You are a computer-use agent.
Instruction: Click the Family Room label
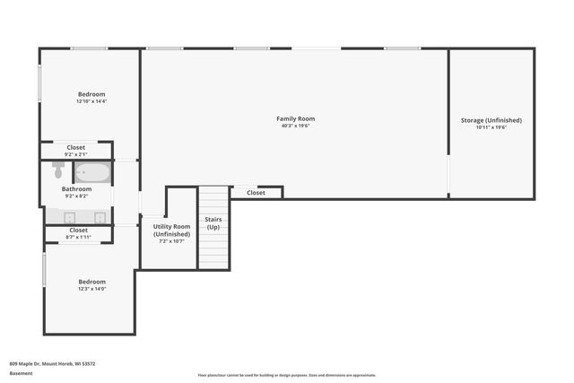click(x=295, y=118)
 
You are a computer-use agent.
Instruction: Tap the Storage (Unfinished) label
click(x=491, y=120)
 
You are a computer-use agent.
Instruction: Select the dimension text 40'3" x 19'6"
click(x=295, y=126)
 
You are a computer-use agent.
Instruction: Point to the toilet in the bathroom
click(x=58, y=168)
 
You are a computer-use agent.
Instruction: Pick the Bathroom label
click(x=76, y=189)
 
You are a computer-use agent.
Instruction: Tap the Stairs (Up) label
click(x=213, y=223)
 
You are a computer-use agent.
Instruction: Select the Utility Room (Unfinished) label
click(x=170, y=231)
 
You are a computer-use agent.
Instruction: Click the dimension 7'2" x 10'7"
click(x=170, y=241)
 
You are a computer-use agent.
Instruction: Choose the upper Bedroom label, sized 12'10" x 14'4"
click(x=91, y=94)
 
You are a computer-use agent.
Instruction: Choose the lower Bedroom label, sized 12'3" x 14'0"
click(x=91, y=281)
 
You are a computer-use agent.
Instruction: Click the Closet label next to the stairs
click(x=256, y=193)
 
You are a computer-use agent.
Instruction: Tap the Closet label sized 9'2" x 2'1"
click(x=76, y=147)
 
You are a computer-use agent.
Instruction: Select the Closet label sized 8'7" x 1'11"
click(x=79, y=231)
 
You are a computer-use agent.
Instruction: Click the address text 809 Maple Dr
click(x=52, y=363)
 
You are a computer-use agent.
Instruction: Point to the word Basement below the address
click(x=21, y=373)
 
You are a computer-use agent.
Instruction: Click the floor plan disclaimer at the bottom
click(x=286, y=375)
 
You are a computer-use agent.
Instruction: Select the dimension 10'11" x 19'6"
click(x=491, y=127)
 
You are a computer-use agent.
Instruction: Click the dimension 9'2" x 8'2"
click(x=76, y=196)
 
